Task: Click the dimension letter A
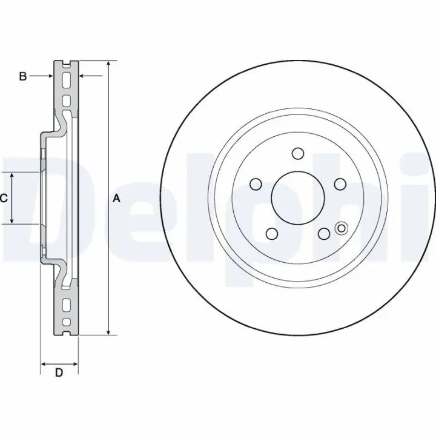(116, 199)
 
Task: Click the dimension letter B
(23, 76)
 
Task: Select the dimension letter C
(4, 198)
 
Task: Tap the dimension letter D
(59, 372)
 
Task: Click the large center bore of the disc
(298, 198)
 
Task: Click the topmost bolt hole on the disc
(298, 153)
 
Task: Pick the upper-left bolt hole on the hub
(256, 184)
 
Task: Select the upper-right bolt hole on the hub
(340, 184)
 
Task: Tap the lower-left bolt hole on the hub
(272, 234)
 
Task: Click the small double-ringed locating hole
(342, 228)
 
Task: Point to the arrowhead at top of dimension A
(109, 64)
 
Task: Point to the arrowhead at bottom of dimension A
(109, 332)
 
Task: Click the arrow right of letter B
(41, 76)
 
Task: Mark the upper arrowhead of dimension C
(12, 176)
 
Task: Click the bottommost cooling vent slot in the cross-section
(67, 322)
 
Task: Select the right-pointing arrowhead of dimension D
(75, 364)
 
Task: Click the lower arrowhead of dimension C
(12, 220)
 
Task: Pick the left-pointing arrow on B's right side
(91, 75)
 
